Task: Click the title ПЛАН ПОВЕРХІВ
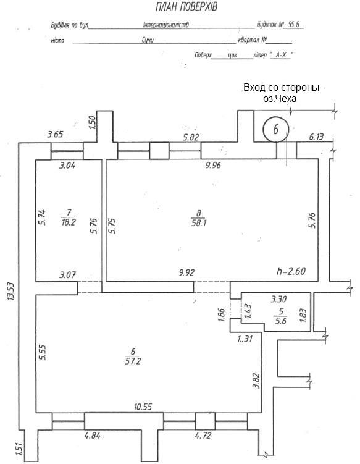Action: click(186, 7)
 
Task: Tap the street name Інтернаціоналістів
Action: click(165, 25)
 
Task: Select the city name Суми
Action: click(148, 40)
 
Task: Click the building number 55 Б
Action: click(294, 25)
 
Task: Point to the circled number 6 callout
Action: click(275, 129)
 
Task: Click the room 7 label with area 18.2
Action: click(68, 217)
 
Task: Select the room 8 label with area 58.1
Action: click(198, 218)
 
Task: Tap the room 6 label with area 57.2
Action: click(133, 356)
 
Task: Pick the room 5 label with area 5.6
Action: click(281, 316)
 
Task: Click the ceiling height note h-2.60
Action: click(291, 271)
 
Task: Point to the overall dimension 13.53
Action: click(11, 292)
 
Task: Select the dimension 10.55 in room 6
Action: click(143, 407)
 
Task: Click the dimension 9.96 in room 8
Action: click(213, 165)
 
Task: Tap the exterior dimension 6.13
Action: click(316, 137)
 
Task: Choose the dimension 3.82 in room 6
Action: click(256, 380)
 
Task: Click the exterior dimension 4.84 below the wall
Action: click(92, 436)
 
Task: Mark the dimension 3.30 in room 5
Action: click(278, 299)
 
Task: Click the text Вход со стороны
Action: click(282, 88)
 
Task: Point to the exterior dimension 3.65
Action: click(56, 134)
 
